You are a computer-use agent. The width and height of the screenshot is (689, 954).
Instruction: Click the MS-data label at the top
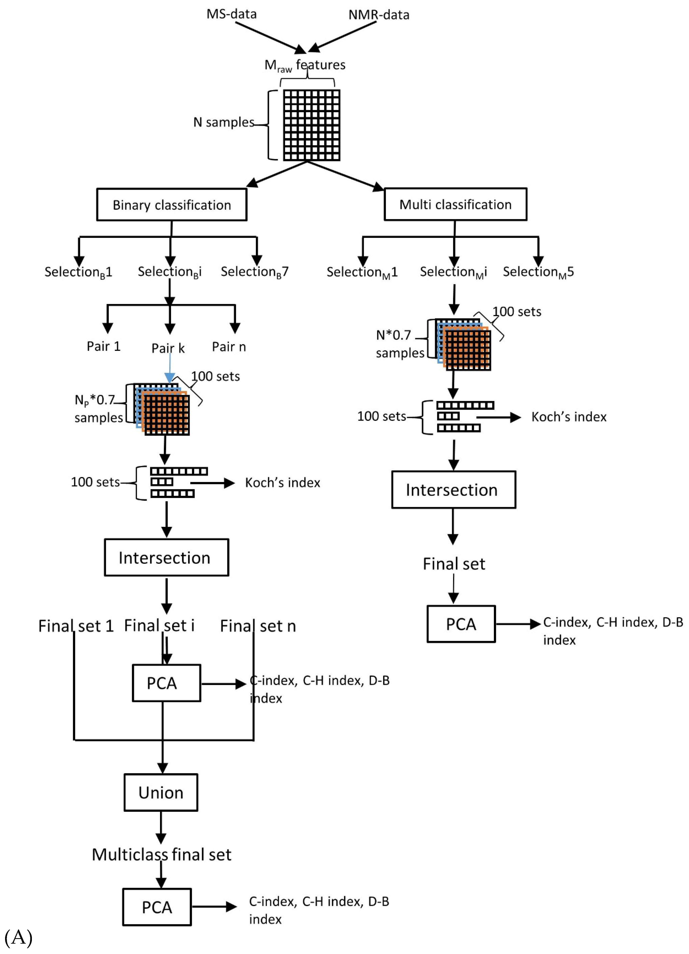[231, 14]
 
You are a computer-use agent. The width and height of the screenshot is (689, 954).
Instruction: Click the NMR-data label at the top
[379, 15]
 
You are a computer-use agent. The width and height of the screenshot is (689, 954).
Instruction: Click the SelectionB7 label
[254, 272]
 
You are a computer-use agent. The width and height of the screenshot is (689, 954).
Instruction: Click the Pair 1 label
[104, 346]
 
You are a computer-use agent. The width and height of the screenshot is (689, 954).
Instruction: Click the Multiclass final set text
[161, 854]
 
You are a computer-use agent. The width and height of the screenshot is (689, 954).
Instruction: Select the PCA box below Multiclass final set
[157, 907]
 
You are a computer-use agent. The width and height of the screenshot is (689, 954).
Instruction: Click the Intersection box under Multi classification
[453, 490]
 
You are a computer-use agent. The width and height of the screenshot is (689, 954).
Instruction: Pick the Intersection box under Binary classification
[167, 557]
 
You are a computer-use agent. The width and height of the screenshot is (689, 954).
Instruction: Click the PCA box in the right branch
[461, 624]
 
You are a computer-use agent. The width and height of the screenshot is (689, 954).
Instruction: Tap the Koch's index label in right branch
[569, 417]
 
